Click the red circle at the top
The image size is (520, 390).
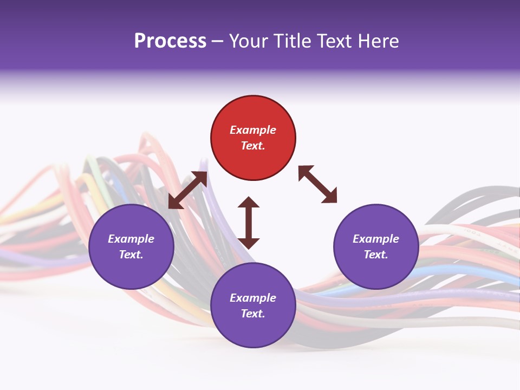tap(253, 138)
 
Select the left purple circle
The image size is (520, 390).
tap(131, 246)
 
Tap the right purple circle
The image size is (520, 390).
tap(376, 246)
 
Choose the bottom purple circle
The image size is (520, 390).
tap(253, 305)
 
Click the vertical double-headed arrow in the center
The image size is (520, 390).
tap(249, 223)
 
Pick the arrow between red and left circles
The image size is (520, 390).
tap(187, 190)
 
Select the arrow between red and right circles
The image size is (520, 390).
tap(317, 184)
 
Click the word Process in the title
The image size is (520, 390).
tap(170, 41)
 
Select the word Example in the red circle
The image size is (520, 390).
tap(253, 130)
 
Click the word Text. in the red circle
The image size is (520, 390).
tap(253, 146)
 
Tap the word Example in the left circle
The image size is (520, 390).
tap(131, 239)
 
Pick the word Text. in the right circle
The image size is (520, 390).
tap(376, 255)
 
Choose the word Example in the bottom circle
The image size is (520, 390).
tap(253, 298)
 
